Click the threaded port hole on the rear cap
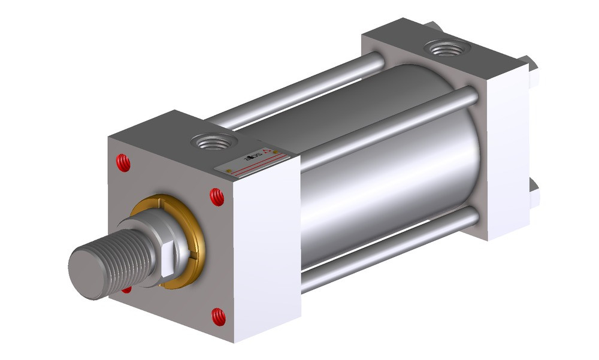[446, 48]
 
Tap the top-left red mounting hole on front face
[123, 162]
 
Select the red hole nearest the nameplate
[217, 197]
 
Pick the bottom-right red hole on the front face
[219, 316]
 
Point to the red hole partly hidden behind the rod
[126, 290]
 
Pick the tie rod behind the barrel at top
[299, 90]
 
